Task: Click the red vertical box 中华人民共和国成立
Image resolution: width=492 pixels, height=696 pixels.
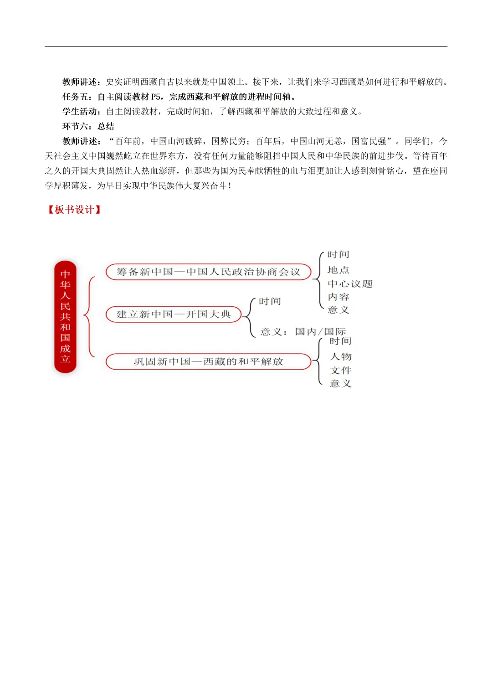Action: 65,317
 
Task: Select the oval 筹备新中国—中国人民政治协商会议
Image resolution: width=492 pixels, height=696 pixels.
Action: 208,272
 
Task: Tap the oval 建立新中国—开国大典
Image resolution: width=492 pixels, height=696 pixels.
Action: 174,314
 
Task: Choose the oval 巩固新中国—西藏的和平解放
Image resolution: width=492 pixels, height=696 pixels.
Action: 208,361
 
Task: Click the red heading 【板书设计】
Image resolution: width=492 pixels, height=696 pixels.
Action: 74,210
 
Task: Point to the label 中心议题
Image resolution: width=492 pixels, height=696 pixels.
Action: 350,284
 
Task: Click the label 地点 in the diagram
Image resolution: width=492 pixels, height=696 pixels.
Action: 338,270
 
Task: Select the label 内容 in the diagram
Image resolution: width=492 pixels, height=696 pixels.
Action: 338,297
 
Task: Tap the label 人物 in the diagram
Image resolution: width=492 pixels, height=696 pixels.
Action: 341,356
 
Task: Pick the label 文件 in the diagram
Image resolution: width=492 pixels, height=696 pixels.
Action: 341,371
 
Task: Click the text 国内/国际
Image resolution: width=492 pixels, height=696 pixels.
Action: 320,332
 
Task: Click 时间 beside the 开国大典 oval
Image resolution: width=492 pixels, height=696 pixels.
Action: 270,301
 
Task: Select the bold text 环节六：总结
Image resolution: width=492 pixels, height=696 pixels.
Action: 88,126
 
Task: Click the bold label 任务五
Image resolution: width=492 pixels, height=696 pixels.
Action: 77,97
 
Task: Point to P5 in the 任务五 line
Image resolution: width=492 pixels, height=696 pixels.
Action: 156,97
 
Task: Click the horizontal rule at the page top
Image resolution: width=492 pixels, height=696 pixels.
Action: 246,46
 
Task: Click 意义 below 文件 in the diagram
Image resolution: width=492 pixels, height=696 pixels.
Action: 341,384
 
